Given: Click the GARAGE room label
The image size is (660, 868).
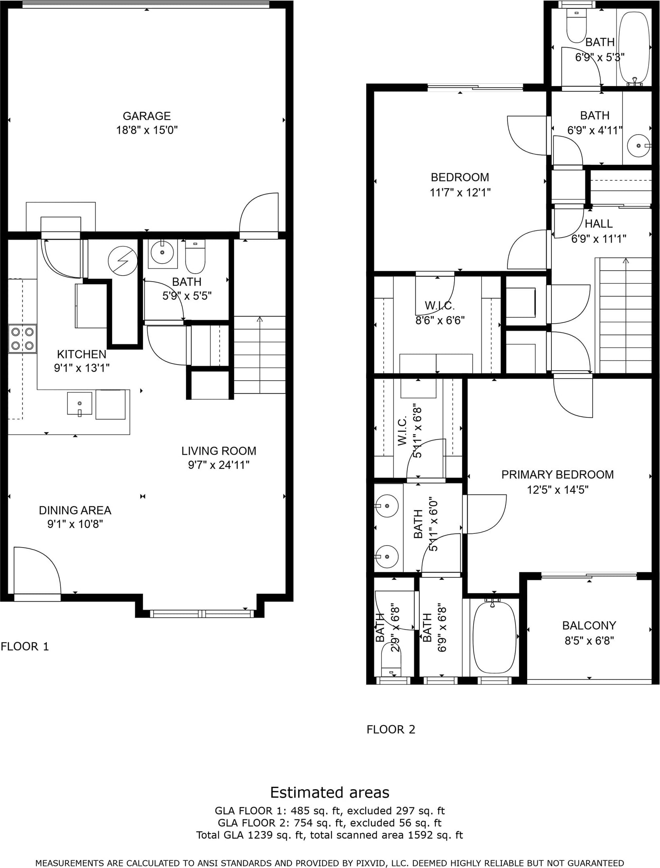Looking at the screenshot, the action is coord(147,116).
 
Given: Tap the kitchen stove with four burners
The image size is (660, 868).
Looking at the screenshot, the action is coord(23,339).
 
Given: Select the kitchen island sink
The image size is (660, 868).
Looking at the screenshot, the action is coord(80,404).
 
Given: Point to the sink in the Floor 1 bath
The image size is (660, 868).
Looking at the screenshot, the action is coord(162,253).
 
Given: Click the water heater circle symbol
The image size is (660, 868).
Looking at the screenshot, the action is coord(123,261).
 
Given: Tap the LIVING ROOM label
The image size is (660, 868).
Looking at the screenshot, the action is coord(219,451).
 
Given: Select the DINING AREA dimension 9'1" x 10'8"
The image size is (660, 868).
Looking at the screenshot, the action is coord(75,524).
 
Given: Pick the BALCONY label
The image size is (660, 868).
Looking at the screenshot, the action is coord(589,626).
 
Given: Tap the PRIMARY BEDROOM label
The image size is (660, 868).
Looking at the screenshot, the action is coord(557,474).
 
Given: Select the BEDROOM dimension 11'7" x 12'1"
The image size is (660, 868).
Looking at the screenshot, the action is coord(460,192).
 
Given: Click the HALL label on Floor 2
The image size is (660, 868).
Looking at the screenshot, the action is coord(599,223).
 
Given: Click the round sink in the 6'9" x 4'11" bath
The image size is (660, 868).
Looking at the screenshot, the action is coord(639,145).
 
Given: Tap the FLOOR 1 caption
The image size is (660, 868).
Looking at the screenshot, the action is coord(25,647).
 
